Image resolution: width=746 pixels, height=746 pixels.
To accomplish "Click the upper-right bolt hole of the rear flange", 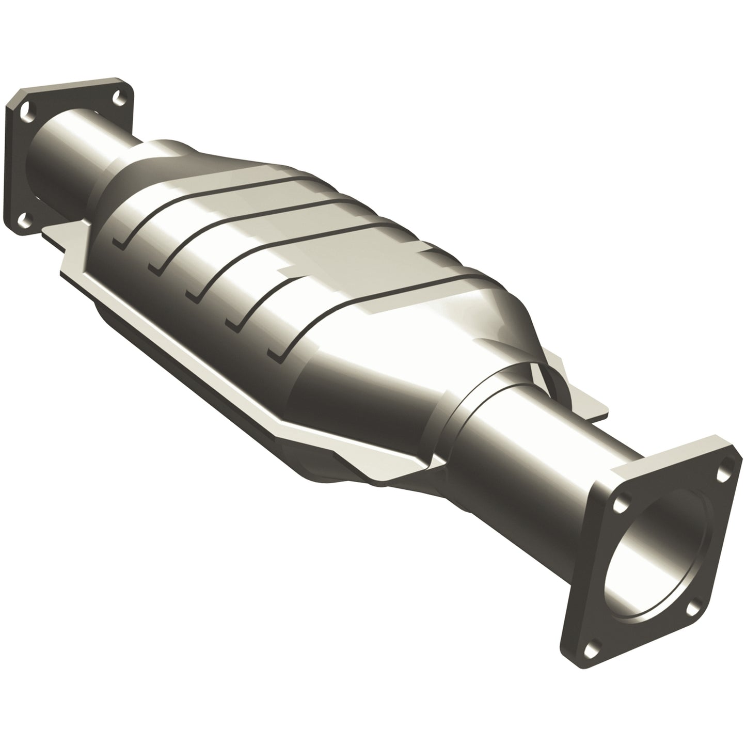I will point(120,96).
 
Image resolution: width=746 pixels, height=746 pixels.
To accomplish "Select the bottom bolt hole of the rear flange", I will point(24,223).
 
